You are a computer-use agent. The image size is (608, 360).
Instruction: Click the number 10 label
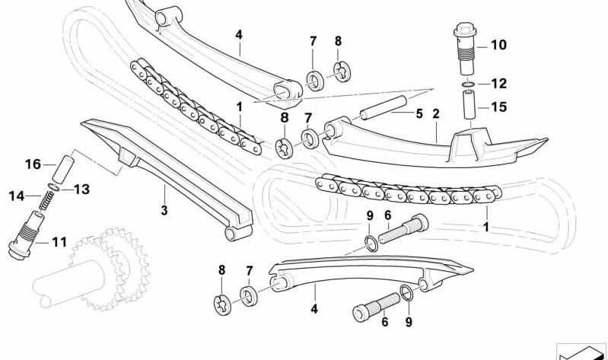(498, 45)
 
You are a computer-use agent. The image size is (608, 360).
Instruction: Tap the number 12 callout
(498, 83)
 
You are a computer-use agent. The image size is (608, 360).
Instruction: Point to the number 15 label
(498, 107)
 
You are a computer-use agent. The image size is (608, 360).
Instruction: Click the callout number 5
(419, 114)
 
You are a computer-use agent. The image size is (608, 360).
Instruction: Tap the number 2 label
(436, 114)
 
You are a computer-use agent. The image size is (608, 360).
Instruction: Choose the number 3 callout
(163, 209)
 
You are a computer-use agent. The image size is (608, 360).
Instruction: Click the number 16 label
(32, 164)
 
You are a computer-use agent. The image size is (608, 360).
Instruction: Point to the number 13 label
(81, 189)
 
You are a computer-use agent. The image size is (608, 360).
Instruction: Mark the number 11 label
(59, 243)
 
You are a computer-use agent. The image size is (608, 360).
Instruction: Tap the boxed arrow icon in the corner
(581, 351)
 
